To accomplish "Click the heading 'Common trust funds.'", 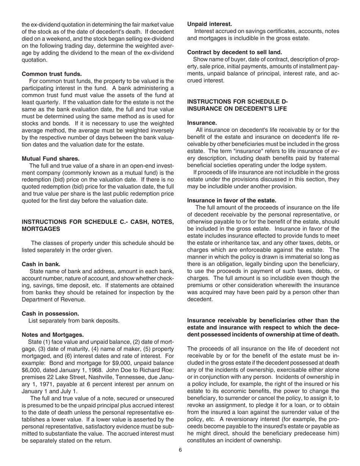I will pos(52,73).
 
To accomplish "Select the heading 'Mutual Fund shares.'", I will pos(50,158).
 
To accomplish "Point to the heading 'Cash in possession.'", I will pos(50,313).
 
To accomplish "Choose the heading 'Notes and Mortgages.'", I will pos(53,335).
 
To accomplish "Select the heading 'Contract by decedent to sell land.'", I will pos(235,52).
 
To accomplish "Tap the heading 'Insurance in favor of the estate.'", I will pos(232,200).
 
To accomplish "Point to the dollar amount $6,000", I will pos(31,363).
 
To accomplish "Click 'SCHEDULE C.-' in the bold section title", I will pos(98,222).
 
